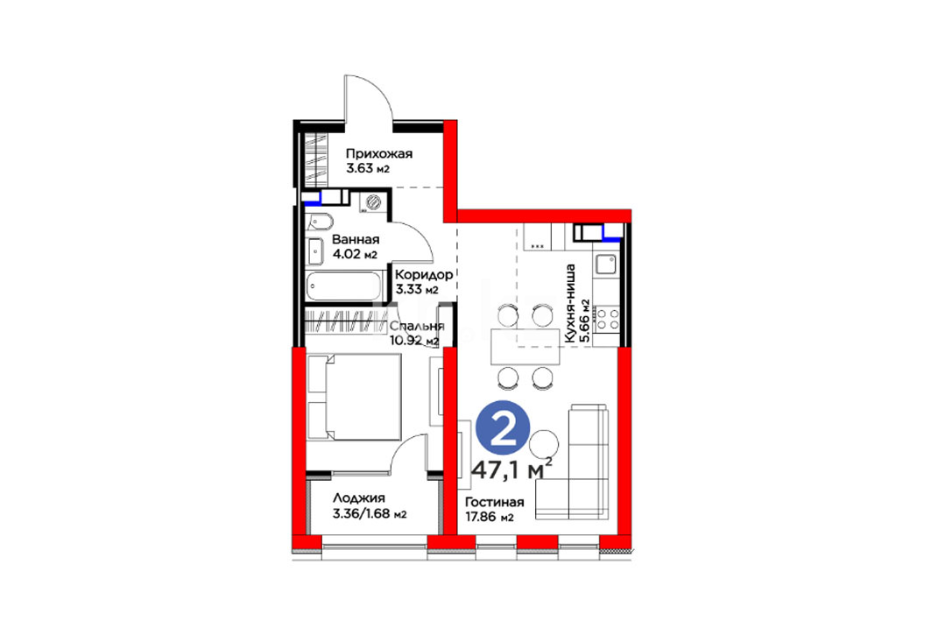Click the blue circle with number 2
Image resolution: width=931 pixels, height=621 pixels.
pyautogui.click(x=503, y=428)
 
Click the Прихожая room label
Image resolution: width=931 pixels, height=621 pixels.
pyautogui.click(x=379, y=154)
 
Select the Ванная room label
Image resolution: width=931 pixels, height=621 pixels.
pyautogui.click(x=355, y=240)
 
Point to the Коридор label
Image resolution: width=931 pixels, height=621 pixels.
pyautogui.click(x=424, y=275)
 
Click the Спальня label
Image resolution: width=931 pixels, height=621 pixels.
pyautogui.click(x=416, y=327)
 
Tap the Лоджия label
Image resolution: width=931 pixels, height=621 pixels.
pyautogui.click(x=358, y=498)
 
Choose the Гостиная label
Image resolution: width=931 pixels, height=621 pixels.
pyautogui.click(x=495, y=502)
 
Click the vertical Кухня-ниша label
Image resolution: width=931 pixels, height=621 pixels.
pyautogui.click(x=570, y=303)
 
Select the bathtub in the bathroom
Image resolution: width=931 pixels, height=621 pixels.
pyautogui.click(x=344, y=286)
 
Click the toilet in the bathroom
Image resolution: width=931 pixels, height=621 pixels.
pyautogui.click(x=320, y=221)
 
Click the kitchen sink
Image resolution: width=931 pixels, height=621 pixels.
pyautogui.click(x=605, y=264)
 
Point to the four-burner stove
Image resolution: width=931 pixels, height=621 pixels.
pyautogui.click(x=607, y=318)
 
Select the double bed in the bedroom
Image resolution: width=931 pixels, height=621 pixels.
pyautogui.click(x=354, y=397)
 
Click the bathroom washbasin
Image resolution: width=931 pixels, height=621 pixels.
pyautogui.click(x=314, y=251)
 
